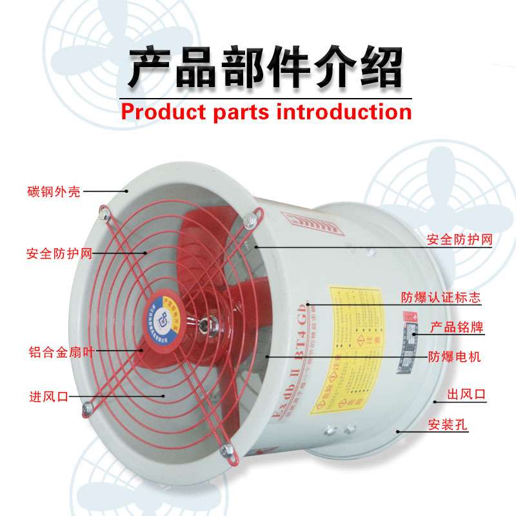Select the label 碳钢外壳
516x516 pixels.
click(54, 192)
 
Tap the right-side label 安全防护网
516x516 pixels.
click(460, 240)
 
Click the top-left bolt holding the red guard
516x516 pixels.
click(102, 211)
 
